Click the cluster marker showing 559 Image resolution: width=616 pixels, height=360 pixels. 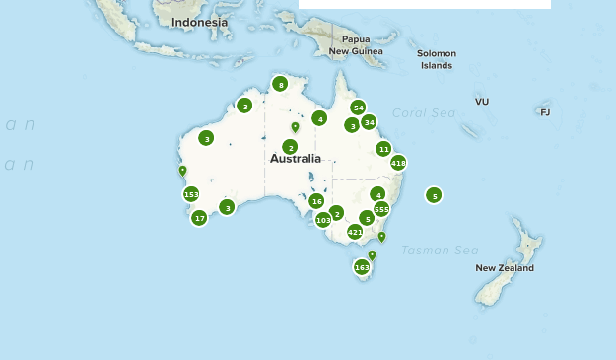tap(381, 209)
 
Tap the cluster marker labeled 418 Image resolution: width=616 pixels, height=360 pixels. tap(398, 163)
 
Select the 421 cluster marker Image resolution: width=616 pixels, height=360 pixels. tap(355, 232)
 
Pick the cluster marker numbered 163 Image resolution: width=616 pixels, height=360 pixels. tap(362, 267)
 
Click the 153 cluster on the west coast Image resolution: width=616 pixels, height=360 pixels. tap(191, 194)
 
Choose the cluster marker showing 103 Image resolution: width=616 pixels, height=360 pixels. tap(323, 220)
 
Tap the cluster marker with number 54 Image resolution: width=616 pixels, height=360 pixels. tap(358, 108)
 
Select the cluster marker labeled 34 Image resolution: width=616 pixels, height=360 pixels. tap(369, 122)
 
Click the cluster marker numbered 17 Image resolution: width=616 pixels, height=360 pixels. tap(199, 218)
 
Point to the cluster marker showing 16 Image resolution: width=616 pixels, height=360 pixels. tap(316, 201)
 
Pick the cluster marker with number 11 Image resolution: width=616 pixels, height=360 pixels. tap(383, 149)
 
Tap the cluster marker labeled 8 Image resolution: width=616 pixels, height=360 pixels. tap(280, 85)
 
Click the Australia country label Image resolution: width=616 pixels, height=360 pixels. tap(296, 158)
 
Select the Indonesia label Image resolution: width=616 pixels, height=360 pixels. tap(199, 22)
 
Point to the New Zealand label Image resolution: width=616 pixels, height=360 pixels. tap(505, 267)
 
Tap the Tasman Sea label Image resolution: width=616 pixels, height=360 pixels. tap(440, 251)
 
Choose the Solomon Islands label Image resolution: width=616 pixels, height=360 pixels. tap(437, 59)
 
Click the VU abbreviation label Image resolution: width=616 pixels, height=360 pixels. tap(482, 102)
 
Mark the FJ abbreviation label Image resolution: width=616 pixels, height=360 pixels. tap(545, 112)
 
